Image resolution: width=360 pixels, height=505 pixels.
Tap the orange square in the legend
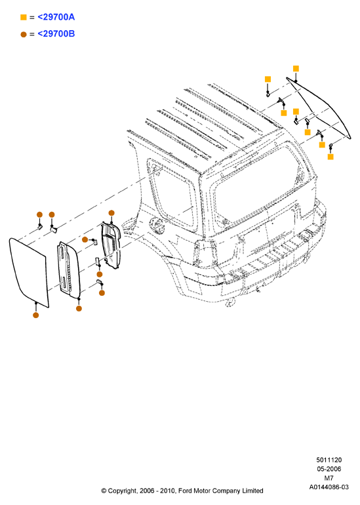tap(23, 17)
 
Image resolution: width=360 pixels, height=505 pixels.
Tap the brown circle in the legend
tap(23, 34)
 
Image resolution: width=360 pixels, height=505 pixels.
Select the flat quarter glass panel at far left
tap(29, 272)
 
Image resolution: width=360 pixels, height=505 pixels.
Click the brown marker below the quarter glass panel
tap(36, 315)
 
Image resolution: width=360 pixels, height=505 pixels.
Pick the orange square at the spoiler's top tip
tap(296, 68)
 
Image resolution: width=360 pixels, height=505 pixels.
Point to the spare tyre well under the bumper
tap(231, 302)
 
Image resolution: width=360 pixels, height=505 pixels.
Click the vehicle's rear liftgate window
tap(258, 187)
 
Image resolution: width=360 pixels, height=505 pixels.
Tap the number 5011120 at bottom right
tap(329, 460)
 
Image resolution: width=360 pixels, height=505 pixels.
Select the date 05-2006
tap(329, 469)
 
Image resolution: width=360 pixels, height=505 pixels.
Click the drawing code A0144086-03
tap(329, 487)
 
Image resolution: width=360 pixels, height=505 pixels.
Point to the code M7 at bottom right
tap(329, 478)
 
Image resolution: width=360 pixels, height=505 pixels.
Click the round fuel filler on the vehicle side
tap(157, 224)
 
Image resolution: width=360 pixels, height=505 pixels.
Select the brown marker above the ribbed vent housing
tap(111, 213)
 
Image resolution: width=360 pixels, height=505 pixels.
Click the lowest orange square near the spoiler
tap(330, 157)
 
